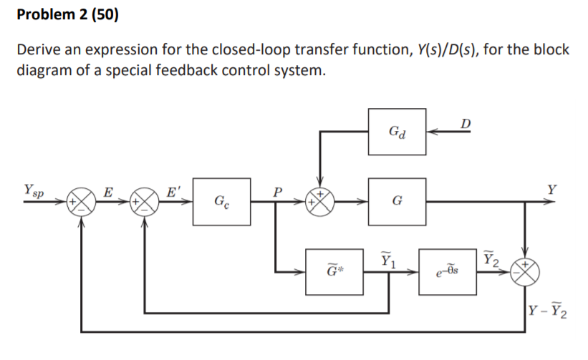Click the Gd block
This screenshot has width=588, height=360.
[397, 132]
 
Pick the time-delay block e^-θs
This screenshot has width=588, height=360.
[448, 273]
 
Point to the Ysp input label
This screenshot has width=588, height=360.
[33, 191]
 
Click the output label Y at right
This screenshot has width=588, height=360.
[551, 191]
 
